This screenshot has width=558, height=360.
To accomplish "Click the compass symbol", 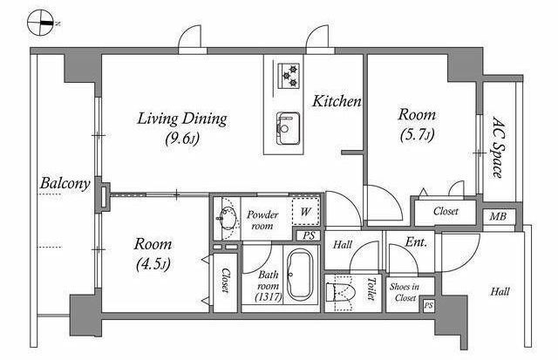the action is tap(41, 24).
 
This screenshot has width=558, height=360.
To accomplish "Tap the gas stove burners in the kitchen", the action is tap(289, 76).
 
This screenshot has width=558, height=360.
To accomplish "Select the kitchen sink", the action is tap(289, 128).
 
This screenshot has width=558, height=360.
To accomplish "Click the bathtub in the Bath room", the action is tap(300, 275).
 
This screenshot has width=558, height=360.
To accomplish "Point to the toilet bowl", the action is tap(341, 292).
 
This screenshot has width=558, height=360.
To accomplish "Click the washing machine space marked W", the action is tap(305, 211).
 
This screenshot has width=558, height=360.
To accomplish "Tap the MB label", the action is tap(498, 216).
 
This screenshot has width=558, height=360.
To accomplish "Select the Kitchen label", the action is tap(337, 101).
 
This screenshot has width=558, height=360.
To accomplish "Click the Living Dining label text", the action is tap(182, 119).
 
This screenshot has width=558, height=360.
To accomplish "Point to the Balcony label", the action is tap(65, 184).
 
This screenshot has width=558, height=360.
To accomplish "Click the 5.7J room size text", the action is tap(417, 135).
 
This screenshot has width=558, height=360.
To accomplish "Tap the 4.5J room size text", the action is tap(153, 264).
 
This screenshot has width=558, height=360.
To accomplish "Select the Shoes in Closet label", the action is tap(405, 292).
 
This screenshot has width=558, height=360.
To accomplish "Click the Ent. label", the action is tap(416, 242).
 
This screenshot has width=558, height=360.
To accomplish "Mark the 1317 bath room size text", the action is tap(269, 296).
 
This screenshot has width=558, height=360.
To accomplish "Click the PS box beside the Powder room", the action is tap(309, 236).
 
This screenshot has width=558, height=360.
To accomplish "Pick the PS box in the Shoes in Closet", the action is tap(428, 306).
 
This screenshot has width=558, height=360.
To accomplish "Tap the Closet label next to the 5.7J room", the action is tap(446, 211).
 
